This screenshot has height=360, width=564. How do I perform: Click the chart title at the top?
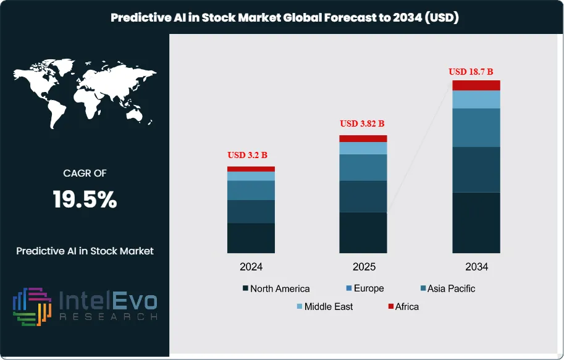click(x=285, y=17)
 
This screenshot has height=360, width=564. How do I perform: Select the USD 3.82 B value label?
click(x=363, y=123)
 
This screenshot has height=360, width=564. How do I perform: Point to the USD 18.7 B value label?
click(x=475, y=72)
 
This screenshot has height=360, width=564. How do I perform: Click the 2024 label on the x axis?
click(x=251, y=267)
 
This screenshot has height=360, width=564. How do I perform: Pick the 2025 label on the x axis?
click(x=363, y=267)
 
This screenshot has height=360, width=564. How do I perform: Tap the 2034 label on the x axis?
click(x=476, y=267)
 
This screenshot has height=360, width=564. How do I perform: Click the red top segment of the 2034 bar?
click(x=476, y=85)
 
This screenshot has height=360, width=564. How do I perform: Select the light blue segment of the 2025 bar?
click(x=363, y=148)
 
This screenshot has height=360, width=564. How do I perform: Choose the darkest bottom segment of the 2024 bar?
click(x=251, y=238)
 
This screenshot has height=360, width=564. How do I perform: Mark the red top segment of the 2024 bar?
click(x=251, y=169)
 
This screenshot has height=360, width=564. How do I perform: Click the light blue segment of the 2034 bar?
click(x=476, y=99)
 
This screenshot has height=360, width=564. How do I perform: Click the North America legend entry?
click(x=276, y=288)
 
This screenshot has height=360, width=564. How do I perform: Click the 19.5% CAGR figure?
click(x=85, y=199)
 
